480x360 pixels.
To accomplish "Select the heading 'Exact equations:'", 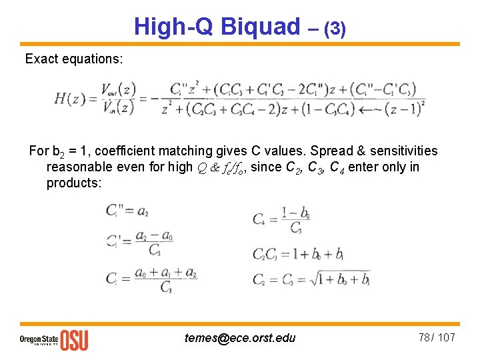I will click(x=74, y=59).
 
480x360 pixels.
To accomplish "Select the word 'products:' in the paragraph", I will click(x=74, y=183).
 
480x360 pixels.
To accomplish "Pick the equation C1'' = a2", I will click(x=127, y=211).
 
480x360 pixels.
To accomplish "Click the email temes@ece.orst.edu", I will click(x=239, y=338).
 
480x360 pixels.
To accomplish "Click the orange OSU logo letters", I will click(x=74, y=340).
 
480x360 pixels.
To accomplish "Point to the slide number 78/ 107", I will click(x=437, y=337).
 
